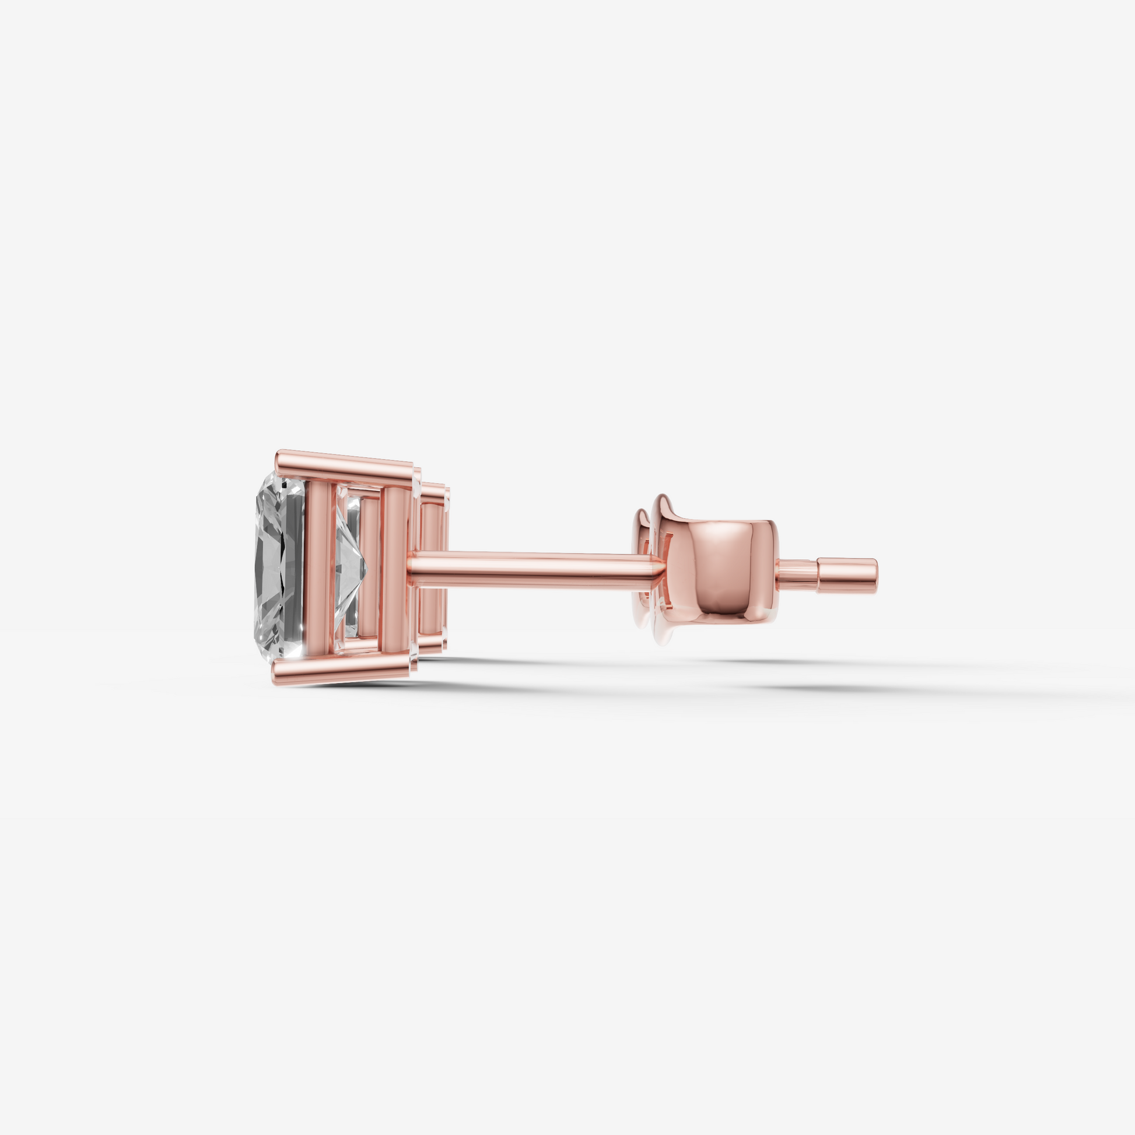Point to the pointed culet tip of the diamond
[x=366, y=567]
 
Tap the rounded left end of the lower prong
[x=276, y=672]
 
